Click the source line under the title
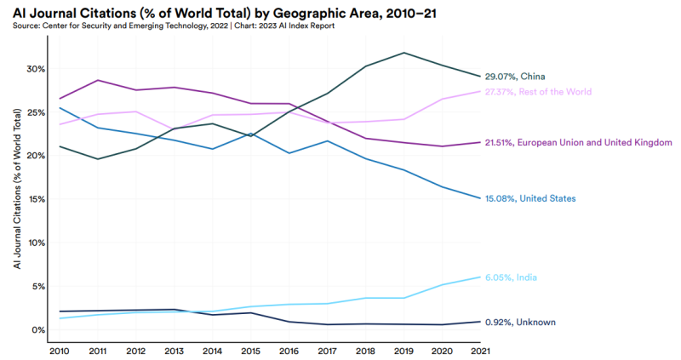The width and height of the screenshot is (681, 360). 174,26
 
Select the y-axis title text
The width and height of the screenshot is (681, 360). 17,197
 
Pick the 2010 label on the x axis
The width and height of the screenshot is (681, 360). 60,350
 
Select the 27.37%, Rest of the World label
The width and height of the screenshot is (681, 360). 537,92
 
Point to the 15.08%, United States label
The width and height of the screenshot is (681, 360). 529,198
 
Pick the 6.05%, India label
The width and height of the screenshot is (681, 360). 511,277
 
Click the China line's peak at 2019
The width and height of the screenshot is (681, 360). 403,53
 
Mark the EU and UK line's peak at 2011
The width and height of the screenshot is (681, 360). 96,80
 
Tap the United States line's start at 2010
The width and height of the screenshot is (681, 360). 60,107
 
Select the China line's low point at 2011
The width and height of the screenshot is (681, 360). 96,159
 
